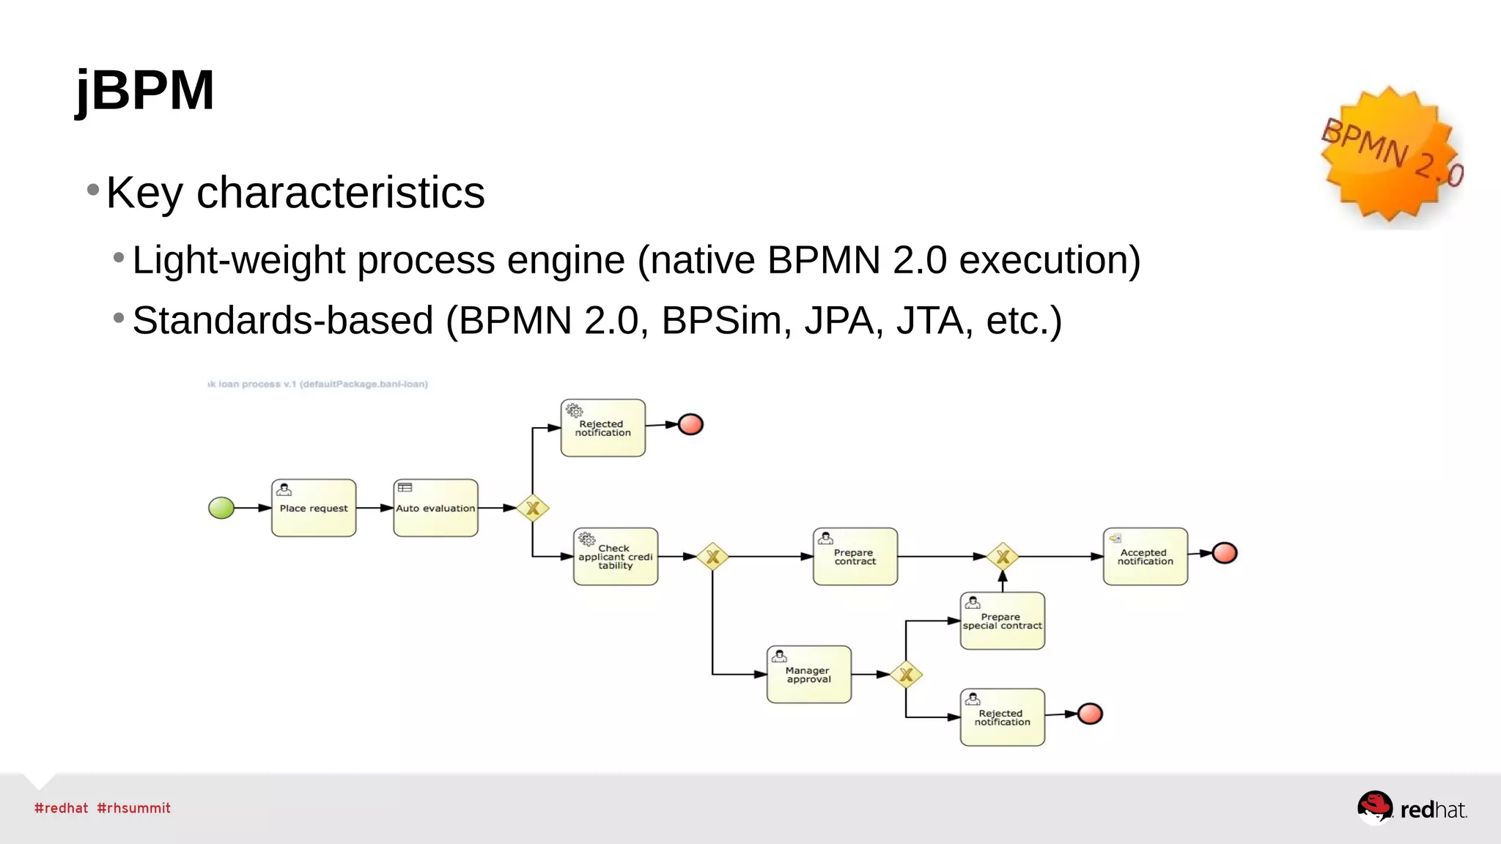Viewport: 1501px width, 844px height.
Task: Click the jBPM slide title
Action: pos(145,90)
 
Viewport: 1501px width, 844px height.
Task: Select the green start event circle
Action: pos(221,508)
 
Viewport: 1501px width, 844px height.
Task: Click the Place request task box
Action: pos(314,508)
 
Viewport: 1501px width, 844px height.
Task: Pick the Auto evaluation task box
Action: pos(435,508)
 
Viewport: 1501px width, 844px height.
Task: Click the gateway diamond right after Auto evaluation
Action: pos(533,508)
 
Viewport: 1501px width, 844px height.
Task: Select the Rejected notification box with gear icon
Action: pos(602,428)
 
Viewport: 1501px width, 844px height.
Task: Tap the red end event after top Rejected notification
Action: pos(690,424)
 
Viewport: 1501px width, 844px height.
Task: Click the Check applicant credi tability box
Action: pos(615,557)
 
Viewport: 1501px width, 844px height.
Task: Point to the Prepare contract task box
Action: pos(855,557)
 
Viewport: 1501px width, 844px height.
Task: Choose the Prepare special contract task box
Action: pos(1002,621)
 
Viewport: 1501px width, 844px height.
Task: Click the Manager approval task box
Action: pos(808,675)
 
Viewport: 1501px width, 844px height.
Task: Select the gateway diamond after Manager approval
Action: pos(906,675)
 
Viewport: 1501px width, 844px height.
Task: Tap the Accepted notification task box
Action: pos(1145,557)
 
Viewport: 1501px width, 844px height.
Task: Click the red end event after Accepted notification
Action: pos(1224,553)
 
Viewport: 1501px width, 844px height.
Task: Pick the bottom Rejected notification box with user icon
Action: pos(1002,717)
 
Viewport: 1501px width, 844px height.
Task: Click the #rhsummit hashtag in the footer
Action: pos(133,808)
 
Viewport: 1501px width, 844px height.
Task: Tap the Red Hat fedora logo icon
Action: pos(1374,807)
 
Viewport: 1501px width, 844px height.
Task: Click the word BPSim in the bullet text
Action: pos(721,321)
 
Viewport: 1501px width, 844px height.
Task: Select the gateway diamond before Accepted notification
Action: pos(1003,557)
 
